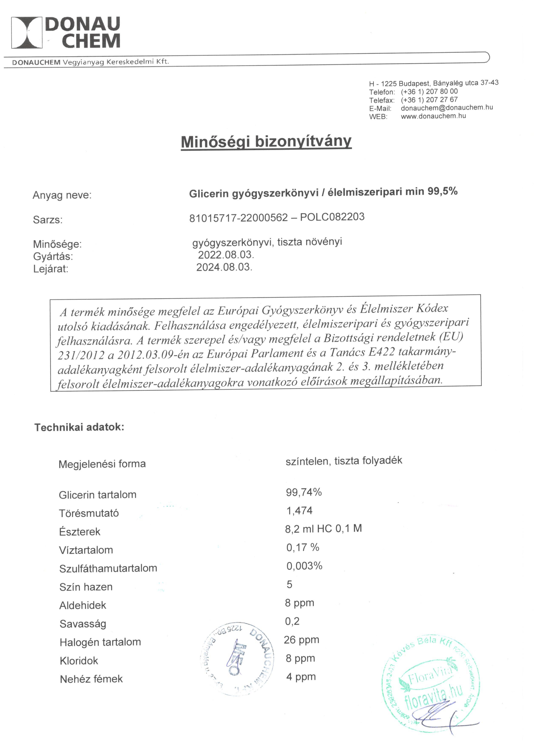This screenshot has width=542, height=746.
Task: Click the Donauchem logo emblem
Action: coord(27,33)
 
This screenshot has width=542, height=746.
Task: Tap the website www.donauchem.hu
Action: coord(433,116)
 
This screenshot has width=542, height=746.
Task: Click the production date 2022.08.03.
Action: coord(226,255)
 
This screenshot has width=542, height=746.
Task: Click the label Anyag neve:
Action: coord(62,195)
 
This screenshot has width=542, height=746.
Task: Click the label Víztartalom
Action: coord(86,550)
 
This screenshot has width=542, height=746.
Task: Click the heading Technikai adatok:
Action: coord(79,427)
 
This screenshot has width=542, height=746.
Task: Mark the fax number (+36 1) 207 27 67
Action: coord(429,100)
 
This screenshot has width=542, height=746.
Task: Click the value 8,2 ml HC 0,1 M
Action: coord(323,529)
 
